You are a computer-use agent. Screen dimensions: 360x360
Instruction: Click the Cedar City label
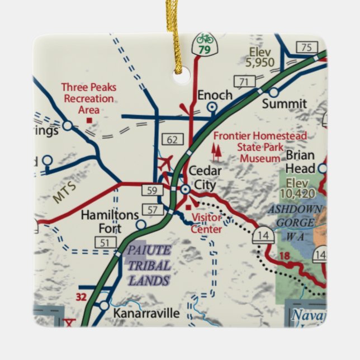pos(205,177)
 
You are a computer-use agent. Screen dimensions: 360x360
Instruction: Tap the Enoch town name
pos(214,95)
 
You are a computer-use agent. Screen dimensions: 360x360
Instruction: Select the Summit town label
pos(285,103)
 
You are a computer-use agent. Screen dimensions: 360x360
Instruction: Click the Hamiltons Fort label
pos(102,221)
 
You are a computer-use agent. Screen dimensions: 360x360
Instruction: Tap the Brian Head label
pos(300,162)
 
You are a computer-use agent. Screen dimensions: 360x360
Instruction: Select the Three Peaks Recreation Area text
pos(88,98)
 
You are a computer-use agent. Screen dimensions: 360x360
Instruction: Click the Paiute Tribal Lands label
pos(148,266)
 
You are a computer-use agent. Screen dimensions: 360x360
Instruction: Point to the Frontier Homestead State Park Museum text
pos(259,147)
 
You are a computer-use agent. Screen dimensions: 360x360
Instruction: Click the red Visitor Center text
pos(206,223)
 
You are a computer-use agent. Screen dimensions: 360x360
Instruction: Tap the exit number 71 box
pos(243,82)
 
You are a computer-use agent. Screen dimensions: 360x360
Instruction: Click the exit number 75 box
pos(305,48)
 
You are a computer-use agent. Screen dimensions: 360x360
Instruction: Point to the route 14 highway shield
pos(263,235)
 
